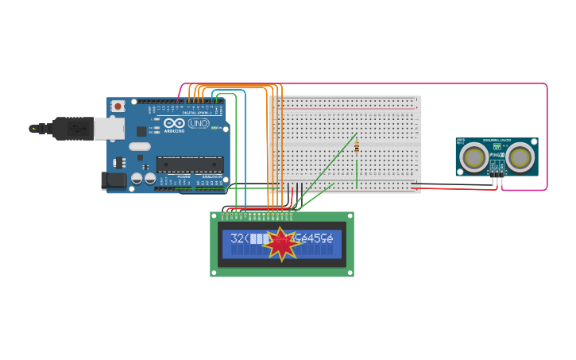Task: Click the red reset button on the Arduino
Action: (118, 106)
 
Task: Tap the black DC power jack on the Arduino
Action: (114, 181)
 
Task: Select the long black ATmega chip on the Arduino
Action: (189, 165)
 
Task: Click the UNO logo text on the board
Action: (199, 123)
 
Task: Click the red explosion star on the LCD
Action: (280, 244)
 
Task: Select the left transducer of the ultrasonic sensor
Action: (474, 157)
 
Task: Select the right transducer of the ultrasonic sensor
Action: (520, 157)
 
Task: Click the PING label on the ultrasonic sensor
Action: (497, 154)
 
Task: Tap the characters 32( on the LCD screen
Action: (239, 238)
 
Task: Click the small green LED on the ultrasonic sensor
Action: (497, 146)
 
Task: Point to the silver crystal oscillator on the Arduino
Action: (139, 146)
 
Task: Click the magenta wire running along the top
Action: (397, 83)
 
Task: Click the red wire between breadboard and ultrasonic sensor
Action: (453, 189)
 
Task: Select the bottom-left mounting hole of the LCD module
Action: (215, 272)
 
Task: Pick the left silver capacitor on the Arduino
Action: (137, 179)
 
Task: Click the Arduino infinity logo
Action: (174, 123)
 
